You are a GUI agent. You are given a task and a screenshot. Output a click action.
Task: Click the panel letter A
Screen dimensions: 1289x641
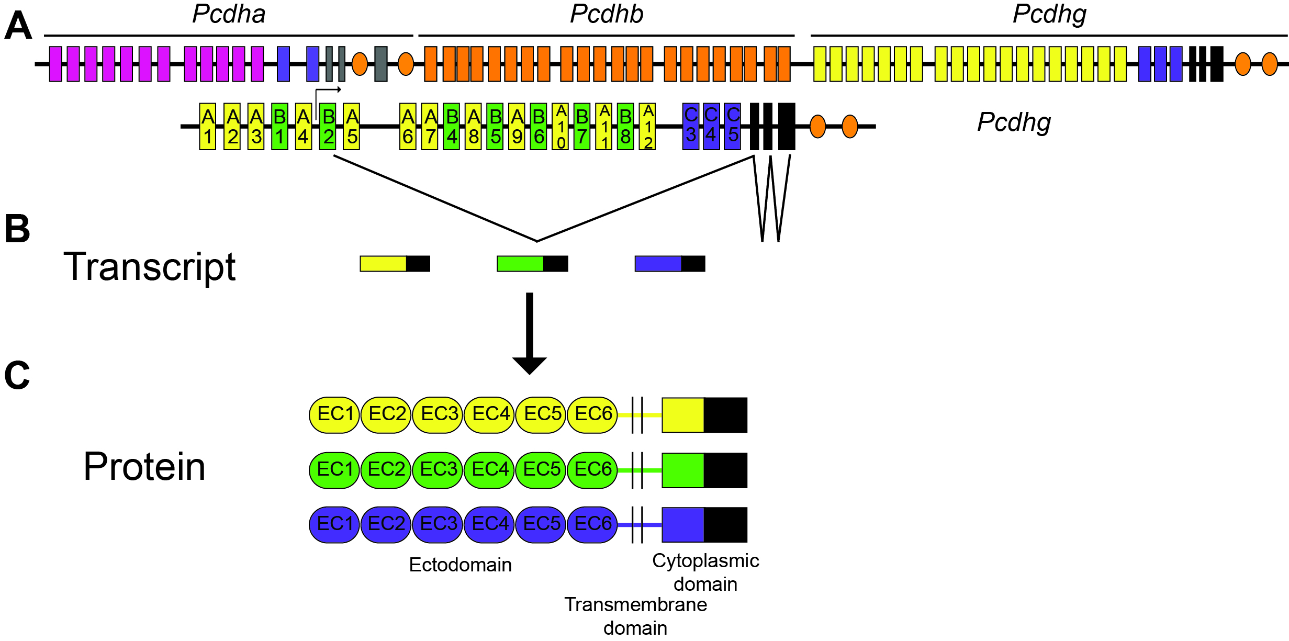tap(18, 26)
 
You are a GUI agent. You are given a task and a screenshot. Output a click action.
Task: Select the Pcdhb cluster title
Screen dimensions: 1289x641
tap(607, 14)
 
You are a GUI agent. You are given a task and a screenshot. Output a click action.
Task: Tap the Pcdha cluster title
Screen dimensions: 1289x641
tap(229, 14)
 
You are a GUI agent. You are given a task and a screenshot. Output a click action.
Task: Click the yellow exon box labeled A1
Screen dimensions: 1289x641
tap(208, 127)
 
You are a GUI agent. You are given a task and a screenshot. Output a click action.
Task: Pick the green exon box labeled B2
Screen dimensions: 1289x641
tap(328, 127)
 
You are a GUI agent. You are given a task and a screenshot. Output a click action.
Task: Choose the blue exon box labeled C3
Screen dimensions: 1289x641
tap(691, 127)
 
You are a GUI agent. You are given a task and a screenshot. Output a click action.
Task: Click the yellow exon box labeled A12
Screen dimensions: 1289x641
tap(647, 127)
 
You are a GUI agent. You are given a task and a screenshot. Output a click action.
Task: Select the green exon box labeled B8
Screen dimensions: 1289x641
tap(625, 127)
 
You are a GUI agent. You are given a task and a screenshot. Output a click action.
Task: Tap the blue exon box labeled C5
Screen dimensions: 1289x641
tap(733, 127)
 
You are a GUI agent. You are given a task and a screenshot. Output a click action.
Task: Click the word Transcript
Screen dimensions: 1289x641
tap(150, 267)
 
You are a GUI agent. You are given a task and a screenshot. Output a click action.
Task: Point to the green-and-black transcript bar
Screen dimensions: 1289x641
tap(532, 264)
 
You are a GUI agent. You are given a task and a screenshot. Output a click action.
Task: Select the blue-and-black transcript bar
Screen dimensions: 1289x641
tap(670, 264)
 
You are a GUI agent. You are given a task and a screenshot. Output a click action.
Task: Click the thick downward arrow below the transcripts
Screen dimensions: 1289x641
tap(530, 334)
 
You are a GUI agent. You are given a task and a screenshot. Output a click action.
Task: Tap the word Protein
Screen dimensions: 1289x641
tap(144, 467)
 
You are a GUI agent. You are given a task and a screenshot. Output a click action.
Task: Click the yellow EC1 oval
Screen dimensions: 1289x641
tap(334, 415)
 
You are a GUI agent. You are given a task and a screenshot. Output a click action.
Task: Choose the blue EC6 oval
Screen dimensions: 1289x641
tap(592, 524)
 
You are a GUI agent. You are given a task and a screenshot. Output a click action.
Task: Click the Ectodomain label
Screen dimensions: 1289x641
tap(461, 565)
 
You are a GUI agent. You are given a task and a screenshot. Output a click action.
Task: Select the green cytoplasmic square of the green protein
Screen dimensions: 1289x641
tap(683, 470)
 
